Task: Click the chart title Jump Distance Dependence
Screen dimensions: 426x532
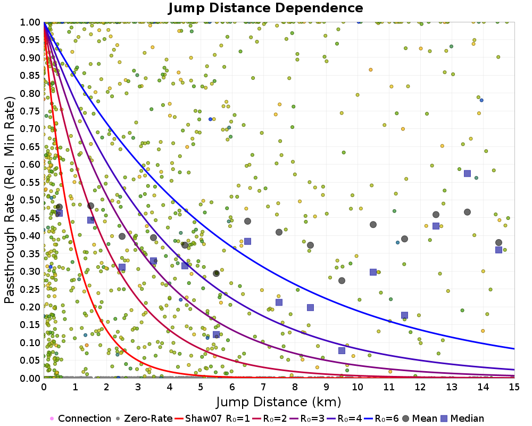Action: click(x=265, y=8)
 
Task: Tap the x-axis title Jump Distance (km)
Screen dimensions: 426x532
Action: click(x=279, y=401)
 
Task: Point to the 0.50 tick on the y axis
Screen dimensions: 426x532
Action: click(x=33, y=200)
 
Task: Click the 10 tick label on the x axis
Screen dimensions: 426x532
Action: click(x=358, y=387)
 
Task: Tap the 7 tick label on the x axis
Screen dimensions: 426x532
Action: click(x=263, y=387)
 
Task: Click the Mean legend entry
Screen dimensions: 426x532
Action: click(x=421, y=419)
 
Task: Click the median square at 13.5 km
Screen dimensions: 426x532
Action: click(x=467, y=173)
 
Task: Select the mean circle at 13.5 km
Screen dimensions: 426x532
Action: click(x=467, y=212)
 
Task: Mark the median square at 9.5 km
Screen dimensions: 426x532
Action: click(x=342, y=350)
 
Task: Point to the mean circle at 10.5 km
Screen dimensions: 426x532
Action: click(x=373, y=225)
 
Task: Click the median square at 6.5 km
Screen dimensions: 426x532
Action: click(x=247, y=241)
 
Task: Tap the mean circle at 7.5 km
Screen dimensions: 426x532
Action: click(x=279, y=232)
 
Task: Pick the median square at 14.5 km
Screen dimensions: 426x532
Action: click(x=498, y=250)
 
